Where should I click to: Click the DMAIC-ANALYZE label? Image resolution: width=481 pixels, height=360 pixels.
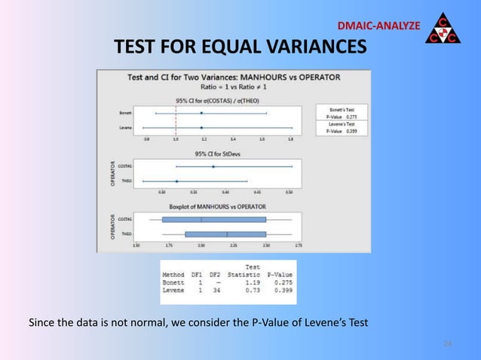[x=378, y=26]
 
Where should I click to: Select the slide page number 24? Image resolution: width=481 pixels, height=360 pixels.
[x=447, y=344]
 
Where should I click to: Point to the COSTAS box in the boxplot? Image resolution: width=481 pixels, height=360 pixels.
[x=214, y=220]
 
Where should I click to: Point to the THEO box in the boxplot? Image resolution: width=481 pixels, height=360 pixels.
[x=225, y=234]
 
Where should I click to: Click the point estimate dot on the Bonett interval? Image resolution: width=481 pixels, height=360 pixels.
[x=201, y=114]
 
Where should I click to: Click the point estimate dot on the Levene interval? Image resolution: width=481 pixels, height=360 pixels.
[x=201, y=128]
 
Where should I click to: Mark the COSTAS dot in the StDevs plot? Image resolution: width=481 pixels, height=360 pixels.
[x=213, y=166]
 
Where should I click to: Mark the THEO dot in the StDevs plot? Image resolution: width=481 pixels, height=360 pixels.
[x=176, y=182]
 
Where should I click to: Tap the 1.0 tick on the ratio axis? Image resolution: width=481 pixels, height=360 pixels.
[x=176, y=139]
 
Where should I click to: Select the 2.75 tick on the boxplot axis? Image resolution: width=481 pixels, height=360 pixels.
[x=299, y=246]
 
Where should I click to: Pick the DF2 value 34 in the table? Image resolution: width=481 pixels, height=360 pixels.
[x=216, y=289]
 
